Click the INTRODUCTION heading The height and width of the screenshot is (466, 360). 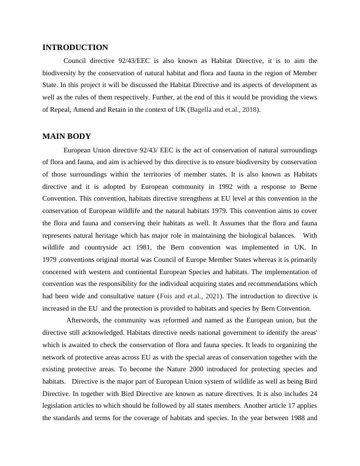[75, 48]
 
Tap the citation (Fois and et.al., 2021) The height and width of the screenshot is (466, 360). [195, 297]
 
